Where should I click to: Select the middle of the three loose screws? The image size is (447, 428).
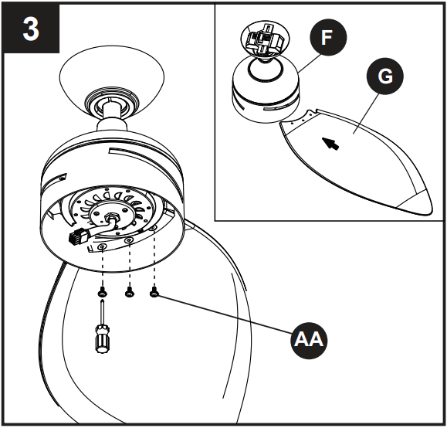pyautogui.click(x=130, y=293)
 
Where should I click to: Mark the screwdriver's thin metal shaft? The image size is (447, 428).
pyautogui.click(x=102, y=313)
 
